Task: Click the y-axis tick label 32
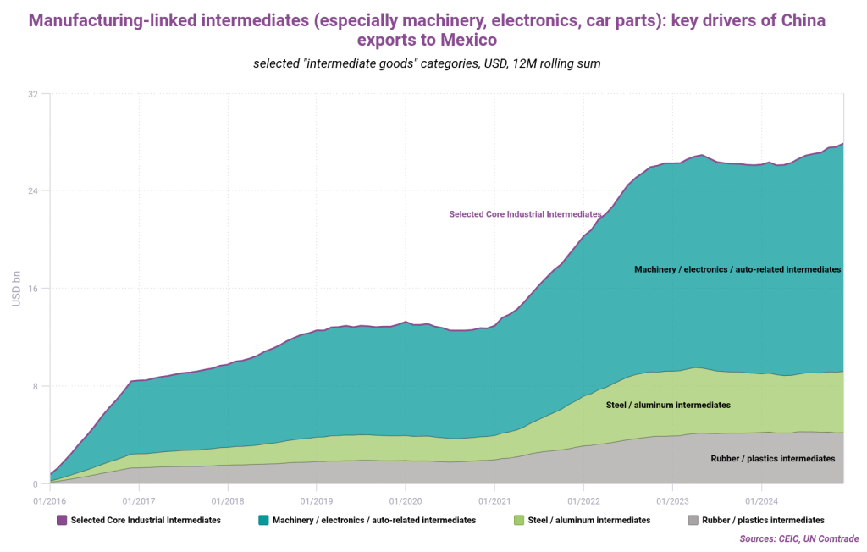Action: [33, 93]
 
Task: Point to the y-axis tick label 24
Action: [33, 190]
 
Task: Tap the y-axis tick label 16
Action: [33, 289]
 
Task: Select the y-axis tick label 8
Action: [36, 386]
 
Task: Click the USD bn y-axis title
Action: [16, 289]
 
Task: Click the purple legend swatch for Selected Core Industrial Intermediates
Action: [62, 520]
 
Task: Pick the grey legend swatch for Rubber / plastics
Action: [693, 520]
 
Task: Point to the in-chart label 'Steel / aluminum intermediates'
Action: [668, 405]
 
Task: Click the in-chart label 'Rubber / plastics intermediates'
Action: [772, 458]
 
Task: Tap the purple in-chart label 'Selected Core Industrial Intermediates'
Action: [525, 214]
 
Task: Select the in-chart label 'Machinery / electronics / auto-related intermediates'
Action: [737, 269]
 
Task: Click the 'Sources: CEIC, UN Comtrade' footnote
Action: [799, 538]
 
